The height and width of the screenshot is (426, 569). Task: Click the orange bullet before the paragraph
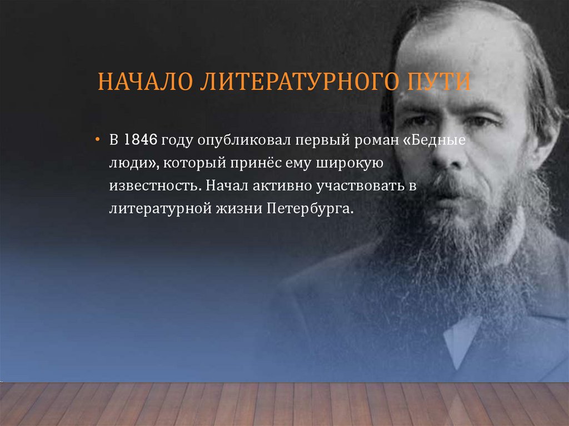pos(97,140)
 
